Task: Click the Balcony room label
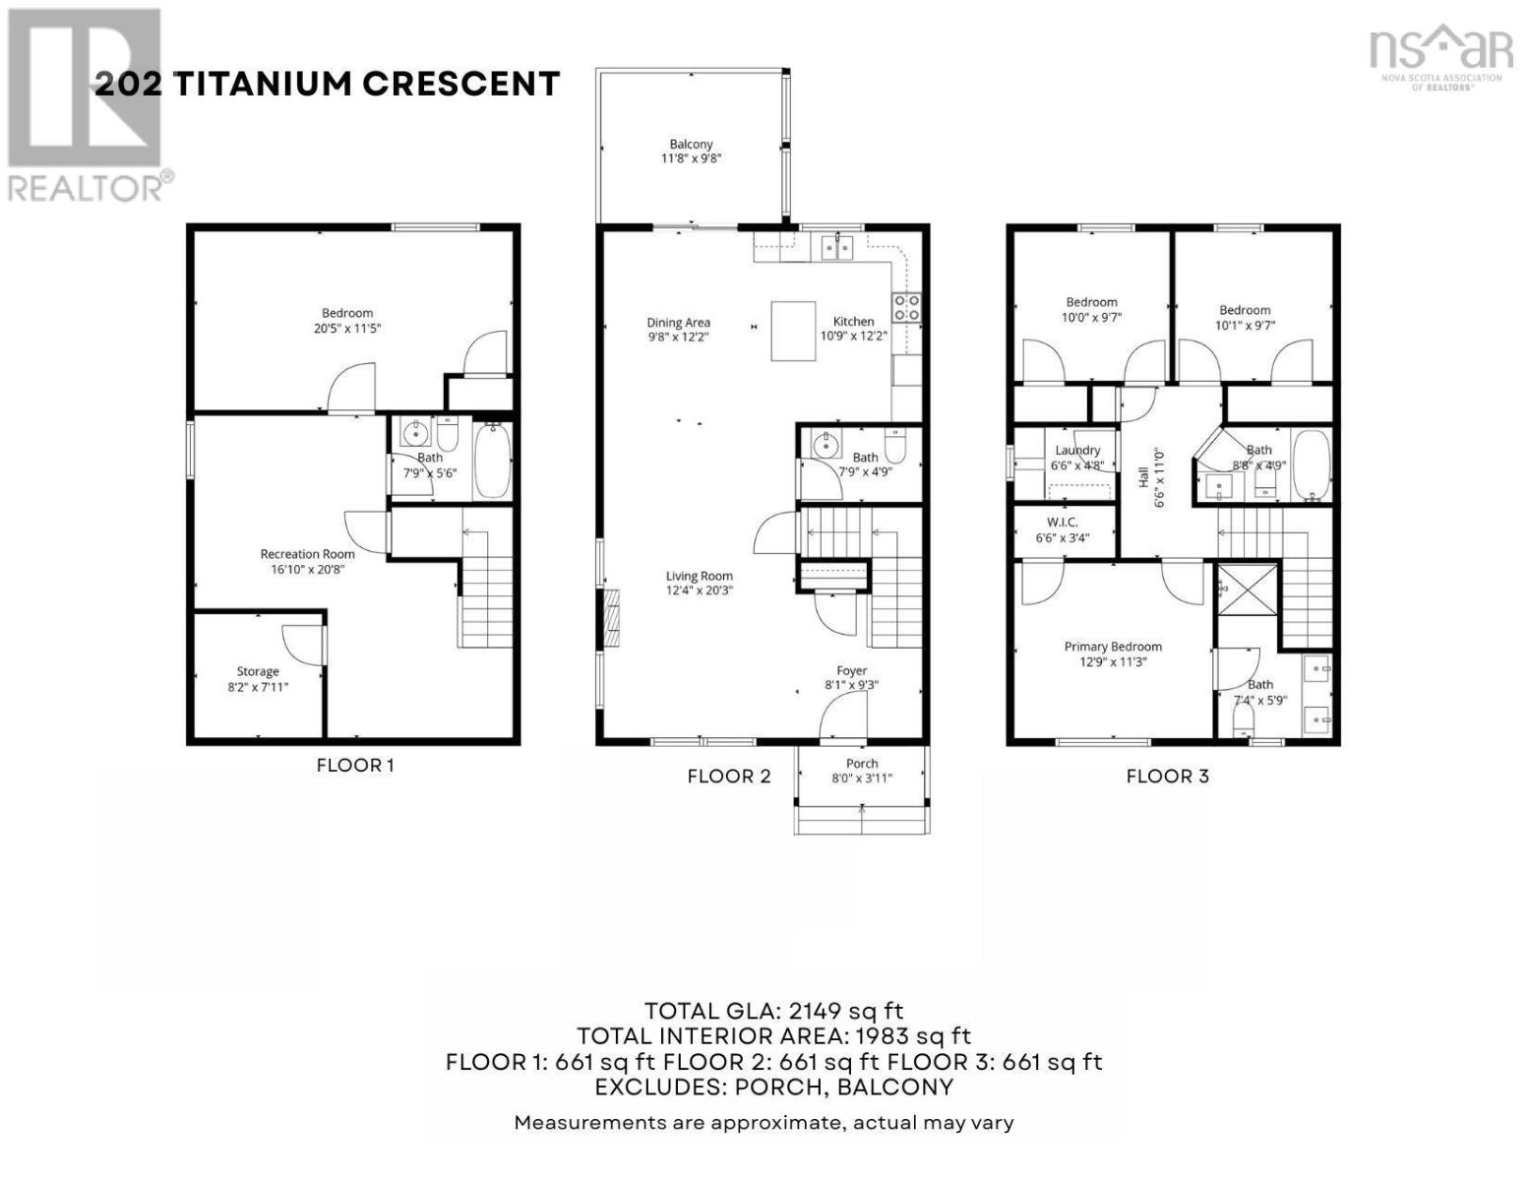coord(691,144)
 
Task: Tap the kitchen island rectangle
coord(793,332)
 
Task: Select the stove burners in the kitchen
coord(906,308)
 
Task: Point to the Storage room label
coord(257,671)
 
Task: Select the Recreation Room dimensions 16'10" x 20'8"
coord(308,569)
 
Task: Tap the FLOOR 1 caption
coord(355,765)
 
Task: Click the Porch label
coord(862,763)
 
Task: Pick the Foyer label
coord(852,670)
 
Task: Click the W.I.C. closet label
coord(1063,522)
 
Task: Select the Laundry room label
coord(1077,450)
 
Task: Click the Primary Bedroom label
coord(1113,647)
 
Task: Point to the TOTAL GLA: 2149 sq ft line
coord(773,1011)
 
